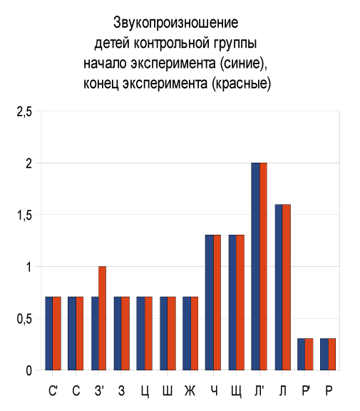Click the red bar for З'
[103, 318]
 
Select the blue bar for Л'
[255, 266]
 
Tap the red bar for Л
[287, 287]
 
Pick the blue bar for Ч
[210, 303]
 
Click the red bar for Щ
[240, 303]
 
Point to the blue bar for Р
[324, 354]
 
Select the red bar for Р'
[309, 354]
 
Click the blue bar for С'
[49, 333]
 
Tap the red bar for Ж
[195, 333]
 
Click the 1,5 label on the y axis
[24, 215]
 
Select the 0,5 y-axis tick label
[24, 319]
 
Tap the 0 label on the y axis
[29, 370]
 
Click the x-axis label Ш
[168, 390]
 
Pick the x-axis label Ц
[145, 391]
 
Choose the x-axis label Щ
[237, 391]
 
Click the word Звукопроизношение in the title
[175, 23]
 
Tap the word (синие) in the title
[244, 64]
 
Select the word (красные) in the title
[242, 83]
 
